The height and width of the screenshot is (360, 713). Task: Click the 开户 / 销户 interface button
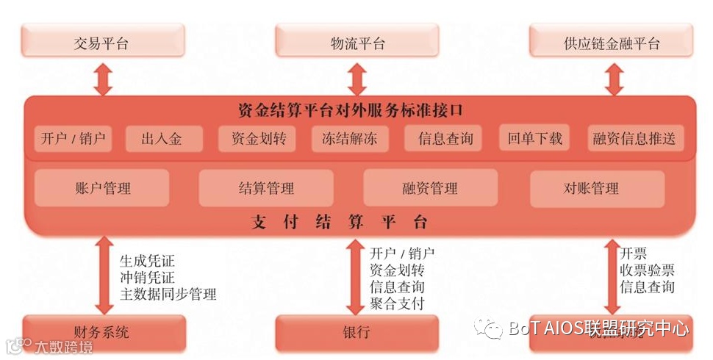tap(73, 138)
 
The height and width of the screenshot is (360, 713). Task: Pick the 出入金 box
tap(162, 138)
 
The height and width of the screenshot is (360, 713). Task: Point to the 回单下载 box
tap(534, 138)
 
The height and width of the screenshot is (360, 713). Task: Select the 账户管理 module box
tap(102, 188)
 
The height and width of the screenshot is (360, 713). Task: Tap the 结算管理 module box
tap(265, 188)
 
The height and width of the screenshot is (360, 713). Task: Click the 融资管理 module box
tap(430, 188)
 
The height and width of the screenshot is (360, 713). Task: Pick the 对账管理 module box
tap(596, 188)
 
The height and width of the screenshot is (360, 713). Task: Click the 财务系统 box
tap(101, 332)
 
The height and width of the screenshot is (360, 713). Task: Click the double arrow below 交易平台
tap(103, 79)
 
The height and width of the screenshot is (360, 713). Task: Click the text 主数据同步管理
tap(168, 295)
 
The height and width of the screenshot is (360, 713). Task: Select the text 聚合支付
tap(397, 303)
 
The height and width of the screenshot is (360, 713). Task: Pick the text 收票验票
tap(647, 270)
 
